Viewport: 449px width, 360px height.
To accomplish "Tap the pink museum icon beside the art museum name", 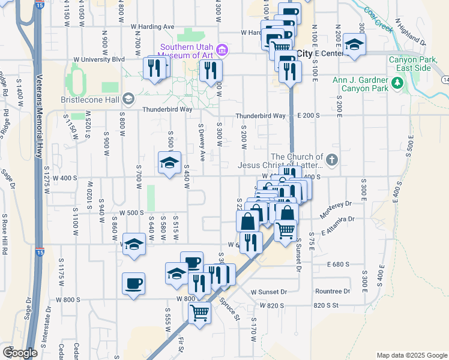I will coord(222,49).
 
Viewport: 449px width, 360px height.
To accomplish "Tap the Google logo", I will coord(20,353).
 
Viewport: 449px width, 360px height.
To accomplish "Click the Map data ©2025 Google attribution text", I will coord(411,355).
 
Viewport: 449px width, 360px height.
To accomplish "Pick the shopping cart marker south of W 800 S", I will coord(199,313).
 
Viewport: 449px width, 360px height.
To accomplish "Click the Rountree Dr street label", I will coord(332,292).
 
